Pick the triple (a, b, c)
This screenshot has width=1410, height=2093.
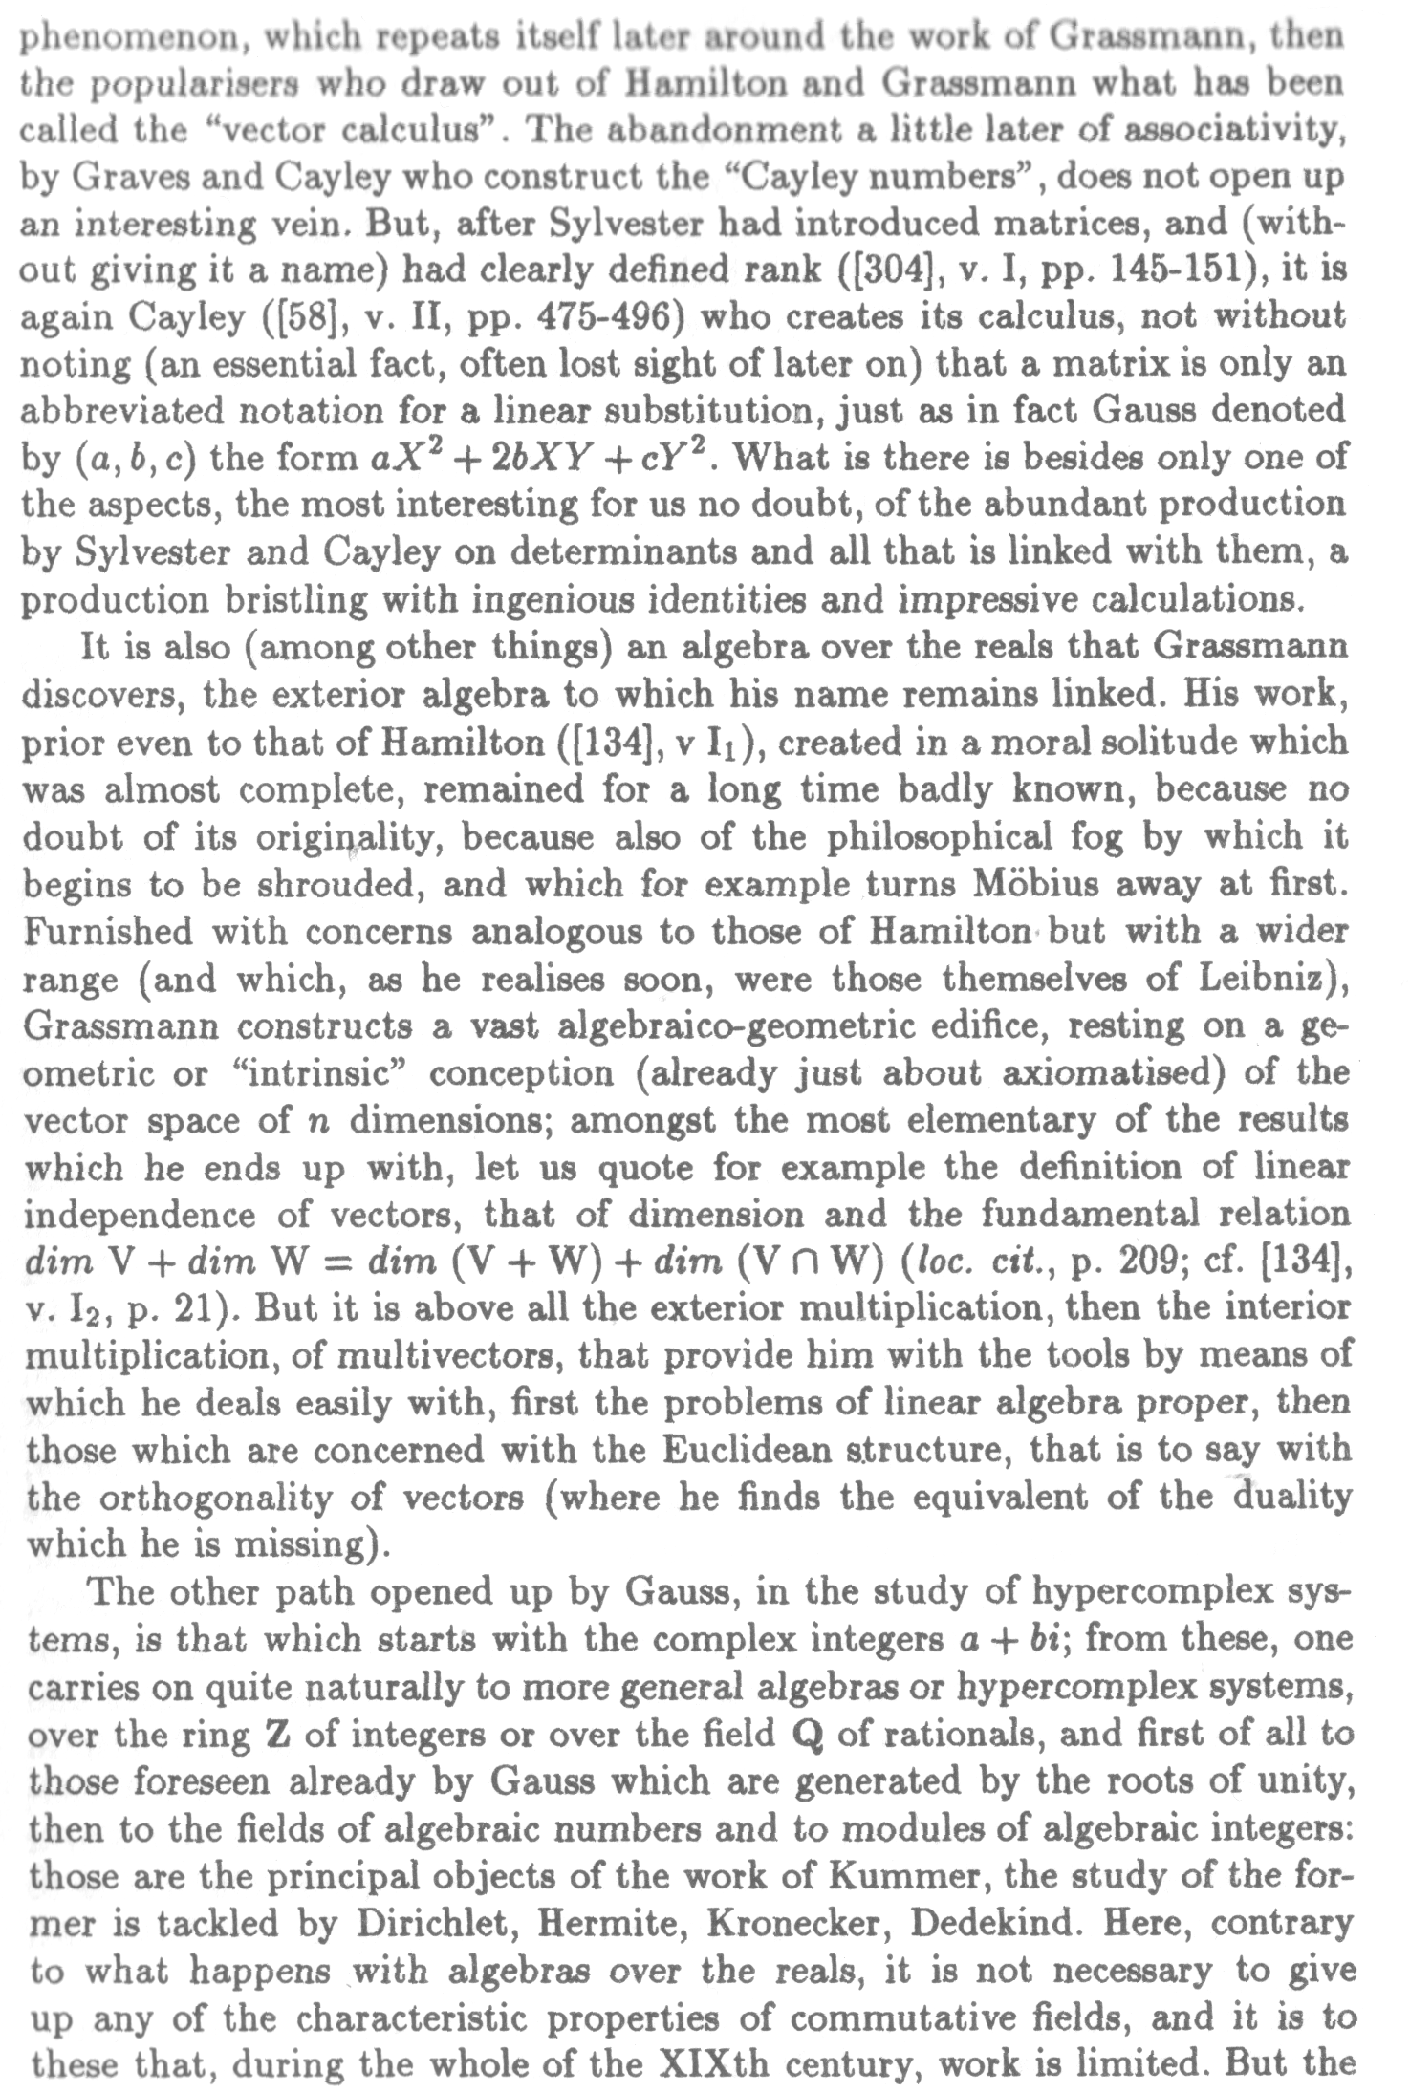pos(135,459)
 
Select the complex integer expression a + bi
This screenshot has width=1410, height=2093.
pos(1015,1639)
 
